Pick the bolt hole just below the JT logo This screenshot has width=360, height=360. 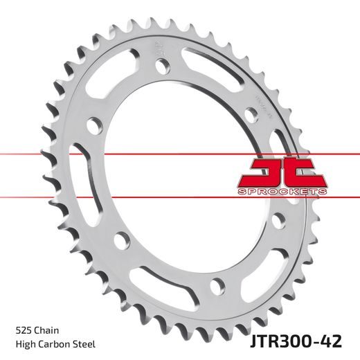click(278, 220)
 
